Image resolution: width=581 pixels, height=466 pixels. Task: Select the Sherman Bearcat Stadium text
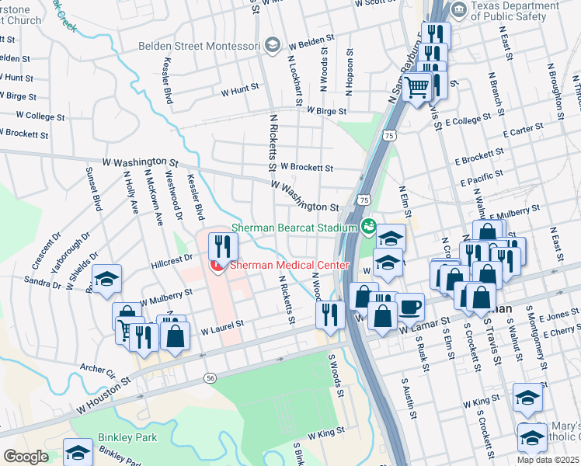tap(293, 228)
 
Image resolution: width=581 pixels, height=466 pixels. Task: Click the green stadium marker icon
tap(369, 228)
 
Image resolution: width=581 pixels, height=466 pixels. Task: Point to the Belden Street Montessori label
tap(200, 44)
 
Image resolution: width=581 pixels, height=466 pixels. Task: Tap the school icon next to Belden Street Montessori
tap(272, 45)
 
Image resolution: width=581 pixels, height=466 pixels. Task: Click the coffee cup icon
tap(409, 307)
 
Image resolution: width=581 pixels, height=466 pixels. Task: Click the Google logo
tap(26, 457)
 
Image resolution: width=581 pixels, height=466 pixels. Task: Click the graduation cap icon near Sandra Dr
tap(106, 280)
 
